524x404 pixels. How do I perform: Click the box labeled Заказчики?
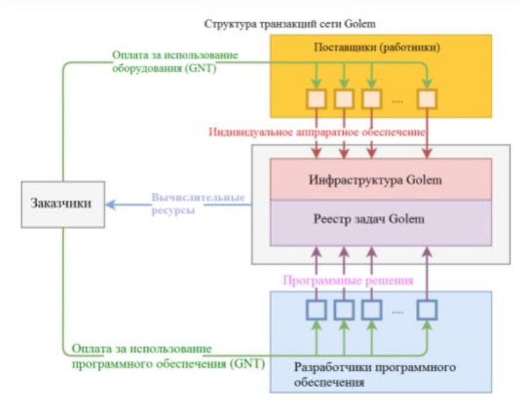[x=61, y=203]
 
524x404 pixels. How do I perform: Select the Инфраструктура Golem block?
[x=381, y=179]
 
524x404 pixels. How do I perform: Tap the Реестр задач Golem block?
[x=381, y=219]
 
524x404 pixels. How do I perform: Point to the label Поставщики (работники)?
[x=381, y=47]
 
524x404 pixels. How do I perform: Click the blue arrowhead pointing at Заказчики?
[x=109, y=204]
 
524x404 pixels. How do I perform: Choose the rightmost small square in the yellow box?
[x=427, y=97]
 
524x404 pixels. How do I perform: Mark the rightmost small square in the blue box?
[x=427, y=309]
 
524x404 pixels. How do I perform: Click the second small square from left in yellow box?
[x=343, y=97]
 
